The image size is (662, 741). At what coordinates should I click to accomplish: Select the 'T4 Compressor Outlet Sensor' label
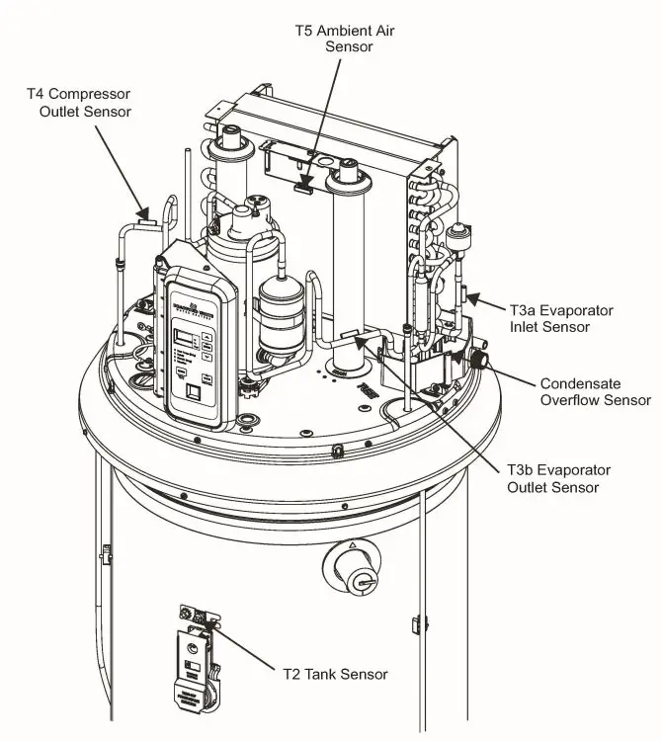78,103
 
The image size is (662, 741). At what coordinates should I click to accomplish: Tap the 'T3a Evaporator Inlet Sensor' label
561,318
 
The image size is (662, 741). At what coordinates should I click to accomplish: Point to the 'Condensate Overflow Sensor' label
595,391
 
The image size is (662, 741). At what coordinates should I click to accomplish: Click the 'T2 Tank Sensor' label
330,675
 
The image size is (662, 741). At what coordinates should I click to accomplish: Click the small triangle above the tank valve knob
352,544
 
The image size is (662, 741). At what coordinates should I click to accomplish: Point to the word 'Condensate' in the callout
577,382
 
